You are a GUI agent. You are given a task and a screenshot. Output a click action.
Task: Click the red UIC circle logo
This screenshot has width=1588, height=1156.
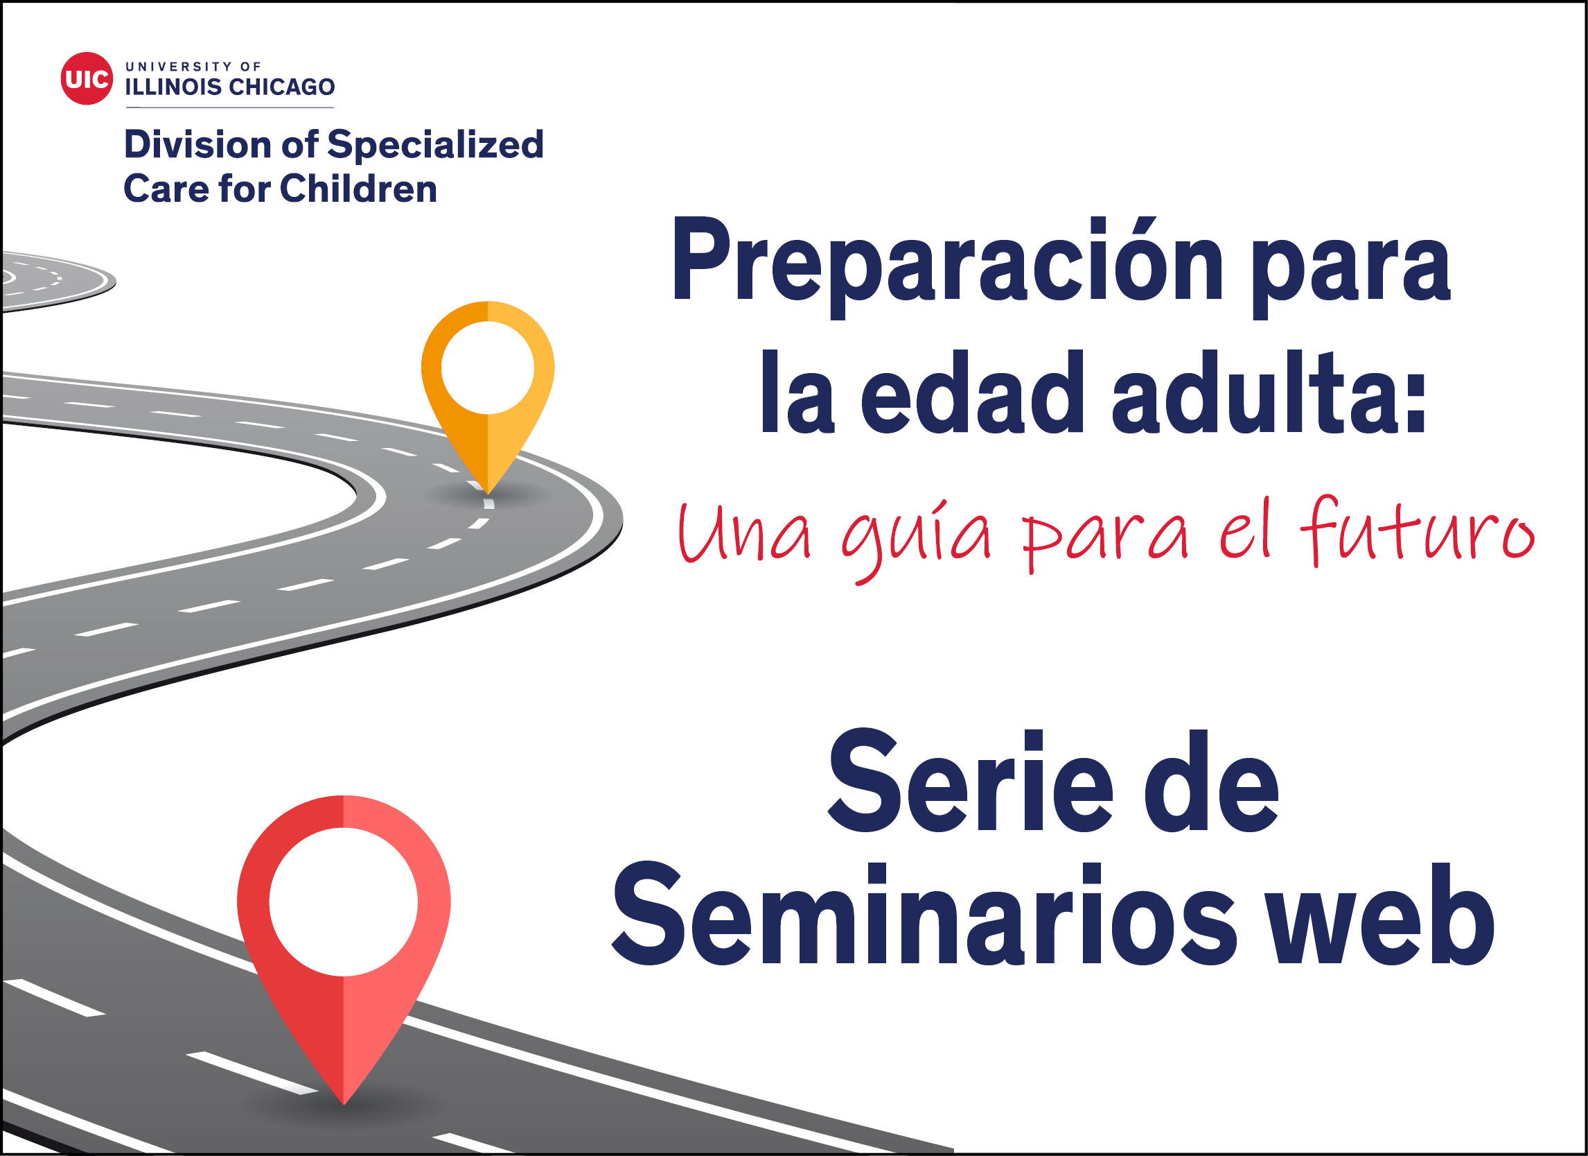click(x=86, y=78)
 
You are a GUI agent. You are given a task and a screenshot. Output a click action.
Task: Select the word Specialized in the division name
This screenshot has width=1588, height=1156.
click(x=436, y=145)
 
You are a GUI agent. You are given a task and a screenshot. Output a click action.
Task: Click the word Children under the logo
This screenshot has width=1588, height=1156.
click(x=358, y=189)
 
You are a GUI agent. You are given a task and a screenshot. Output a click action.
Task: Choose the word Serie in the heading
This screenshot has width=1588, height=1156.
click(x=970, y=781)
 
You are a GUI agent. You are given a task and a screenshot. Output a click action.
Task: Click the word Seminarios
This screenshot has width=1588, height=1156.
click(x=924, y=914)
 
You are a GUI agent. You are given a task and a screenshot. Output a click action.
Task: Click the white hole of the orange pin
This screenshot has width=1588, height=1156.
click(x=487, y=367)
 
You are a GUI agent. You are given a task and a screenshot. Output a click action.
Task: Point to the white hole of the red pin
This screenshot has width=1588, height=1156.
click(x=343, y=901)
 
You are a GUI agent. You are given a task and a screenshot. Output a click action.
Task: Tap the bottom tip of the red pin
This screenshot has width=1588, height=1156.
click(x=344, y=1105)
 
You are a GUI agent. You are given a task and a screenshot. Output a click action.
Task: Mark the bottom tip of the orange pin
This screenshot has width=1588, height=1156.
click(x=487, y=494)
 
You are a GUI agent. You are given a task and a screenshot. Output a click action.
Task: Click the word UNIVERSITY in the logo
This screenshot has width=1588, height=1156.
click(x=179, y=67)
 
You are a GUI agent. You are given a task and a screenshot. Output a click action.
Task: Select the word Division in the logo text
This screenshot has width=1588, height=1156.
click(x=197, y=144)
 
